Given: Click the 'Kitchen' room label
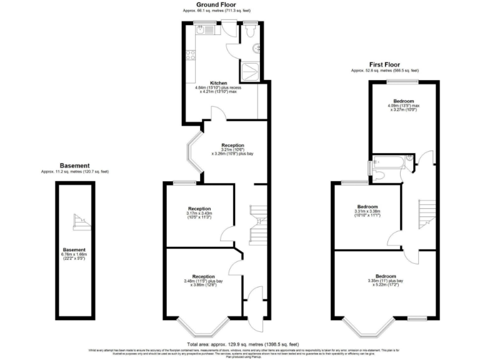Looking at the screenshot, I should coord(218,82).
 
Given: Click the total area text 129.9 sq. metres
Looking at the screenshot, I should coord(241,344).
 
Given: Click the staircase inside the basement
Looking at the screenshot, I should coord(79,219).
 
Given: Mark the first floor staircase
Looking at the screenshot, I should coord(427,212).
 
